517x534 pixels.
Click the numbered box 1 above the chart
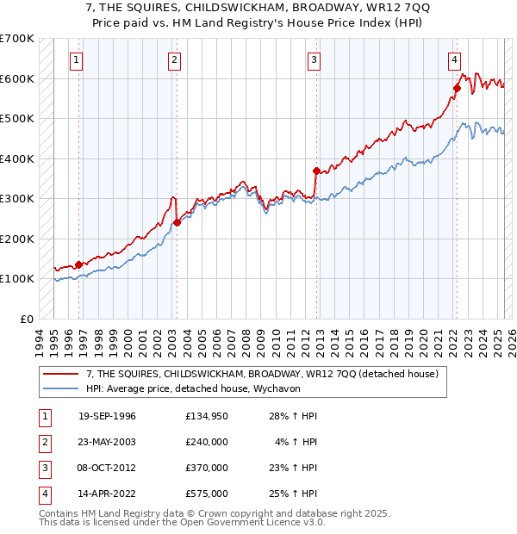click(78, 60)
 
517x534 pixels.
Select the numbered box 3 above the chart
click(314, 60)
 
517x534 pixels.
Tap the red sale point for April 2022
click(457, 88)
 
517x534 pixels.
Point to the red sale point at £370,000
click(316, 171)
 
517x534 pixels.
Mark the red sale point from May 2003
click(177, 222)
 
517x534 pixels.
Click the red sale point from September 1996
click(78, 264)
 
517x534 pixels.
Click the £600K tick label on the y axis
click(17, 78)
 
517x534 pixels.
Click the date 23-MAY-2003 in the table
click(107, 442)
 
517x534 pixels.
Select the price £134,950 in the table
click(206, 416)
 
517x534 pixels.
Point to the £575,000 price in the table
click(206, 494)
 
